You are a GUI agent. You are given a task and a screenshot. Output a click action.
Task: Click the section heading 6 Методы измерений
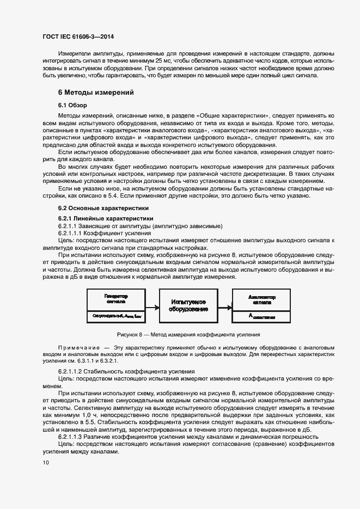tap(96, 93)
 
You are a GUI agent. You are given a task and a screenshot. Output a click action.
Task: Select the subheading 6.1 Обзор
tap(72, 105)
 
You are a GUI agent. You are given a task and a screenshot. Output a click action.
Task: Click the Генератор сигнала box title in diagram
tap(117, 298)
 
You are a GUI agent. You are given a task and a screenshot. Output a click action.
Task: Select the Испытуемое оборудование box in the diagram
tap(188, 305)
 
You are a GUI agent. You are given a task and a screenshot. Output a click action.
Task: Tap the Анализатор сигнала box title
tap(262, 298)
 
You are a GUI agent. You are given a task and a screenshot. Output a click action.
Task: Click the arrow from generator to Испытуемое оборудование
tap(152, 306)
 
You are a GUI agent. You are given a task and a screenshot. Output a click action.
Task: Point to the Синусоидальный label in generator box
tap(106, 316)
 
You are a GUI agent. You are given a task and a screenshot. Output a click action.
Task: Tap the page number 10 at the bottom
tap(45, 463)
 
